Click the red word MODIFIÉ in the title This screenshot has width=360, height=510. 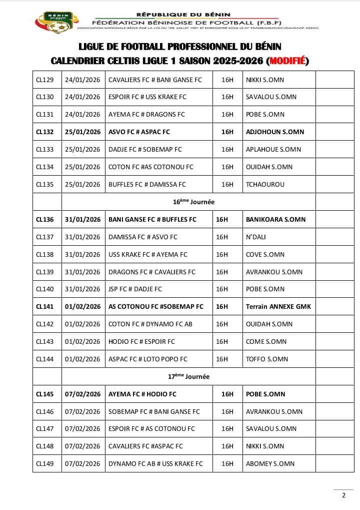tap(287, 61)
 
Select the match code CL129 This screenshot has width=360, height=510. tap(44, 80)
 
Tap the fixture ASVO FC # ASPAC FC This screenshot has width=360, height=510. tap(139, 132)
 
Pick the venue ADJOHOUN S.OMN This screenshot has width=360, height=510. tap(275, 132)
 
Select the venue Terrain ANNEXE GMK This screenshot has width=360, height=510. tap(278, 306)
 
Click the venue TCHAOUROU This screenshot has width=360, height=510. tap(265, 184)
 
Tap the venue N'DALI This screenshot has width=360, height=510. tap(256, 237)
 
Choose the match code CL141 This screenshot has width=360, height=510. tap(44, 306)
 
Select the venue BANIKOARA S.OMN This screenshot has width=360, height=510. tap(275, 219)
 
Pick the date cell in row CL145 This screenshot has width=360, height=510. tap(82, 394)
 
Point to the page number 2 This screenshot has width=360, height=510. tap(343, 495)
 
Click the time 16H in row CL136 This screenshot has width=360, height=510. tap(221, 219)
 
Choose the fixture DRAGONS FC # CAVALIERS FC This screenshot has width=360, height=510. tap(151, 272)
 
